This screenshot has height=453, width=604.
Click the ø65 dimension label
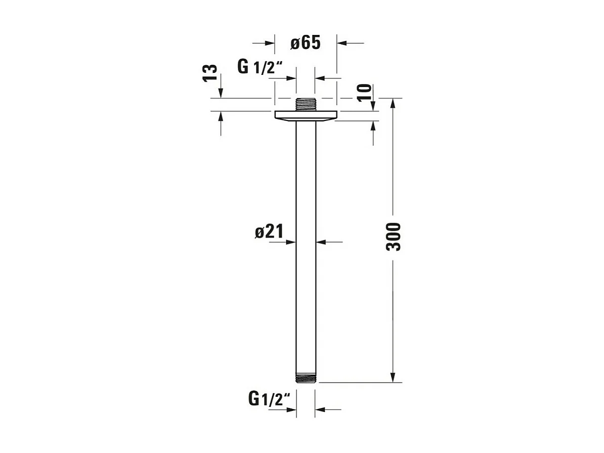(306, 43)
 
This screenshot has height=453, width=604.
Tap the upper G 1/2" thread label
(260, 67)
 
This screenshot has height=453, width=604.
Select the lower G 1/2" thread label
(269, 399)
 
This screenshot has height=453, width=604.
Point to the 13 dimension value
(210, 73)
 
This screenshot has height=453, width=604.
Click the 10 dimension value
(365, 93)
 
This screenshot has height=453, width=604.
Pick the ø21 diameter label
(269, 232)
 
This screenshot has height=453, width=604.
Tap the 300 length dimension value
(393, 237)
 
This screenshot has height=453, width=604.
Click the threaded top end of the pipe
(306, 105)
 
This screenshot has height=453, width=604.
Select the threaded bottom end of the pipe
(306, 378)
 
